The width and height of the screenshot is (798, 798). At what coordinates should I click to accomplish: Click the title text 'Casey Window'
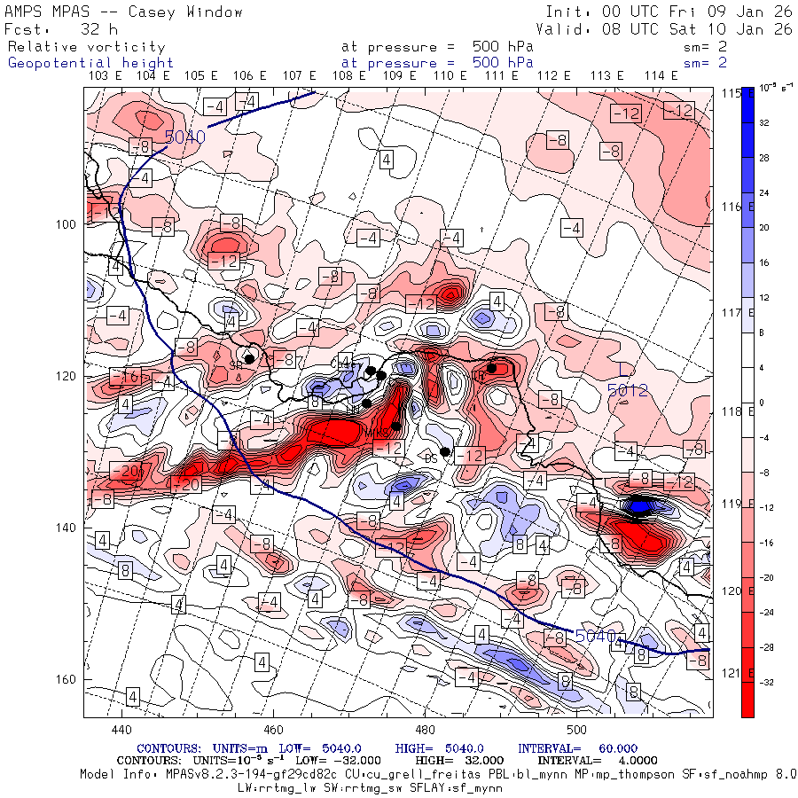[x=185, y=12]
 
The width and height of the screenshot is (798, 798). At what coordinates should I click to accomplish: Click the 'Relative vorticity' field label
[x=87, y=46]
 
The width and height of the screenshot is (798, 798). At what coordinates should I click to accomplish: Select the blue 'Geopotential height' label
[x=90, y=63]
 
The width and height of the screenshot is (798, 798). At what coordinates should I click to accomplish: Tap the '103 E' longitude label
[x=106, y=76]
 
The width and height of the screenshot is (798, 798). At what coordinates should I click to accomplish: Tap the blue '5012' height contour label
[x=629, y=389]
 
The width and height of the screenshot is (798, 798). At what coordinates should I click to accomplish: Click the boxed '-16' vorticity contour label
[x=128, y=377]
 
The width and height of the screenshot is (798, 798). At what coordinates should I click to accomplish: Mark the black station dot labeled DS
[x=445, y=452]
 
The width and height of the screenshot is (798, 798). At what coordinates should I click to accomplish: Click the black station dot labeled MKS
[x=395, y=426]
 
